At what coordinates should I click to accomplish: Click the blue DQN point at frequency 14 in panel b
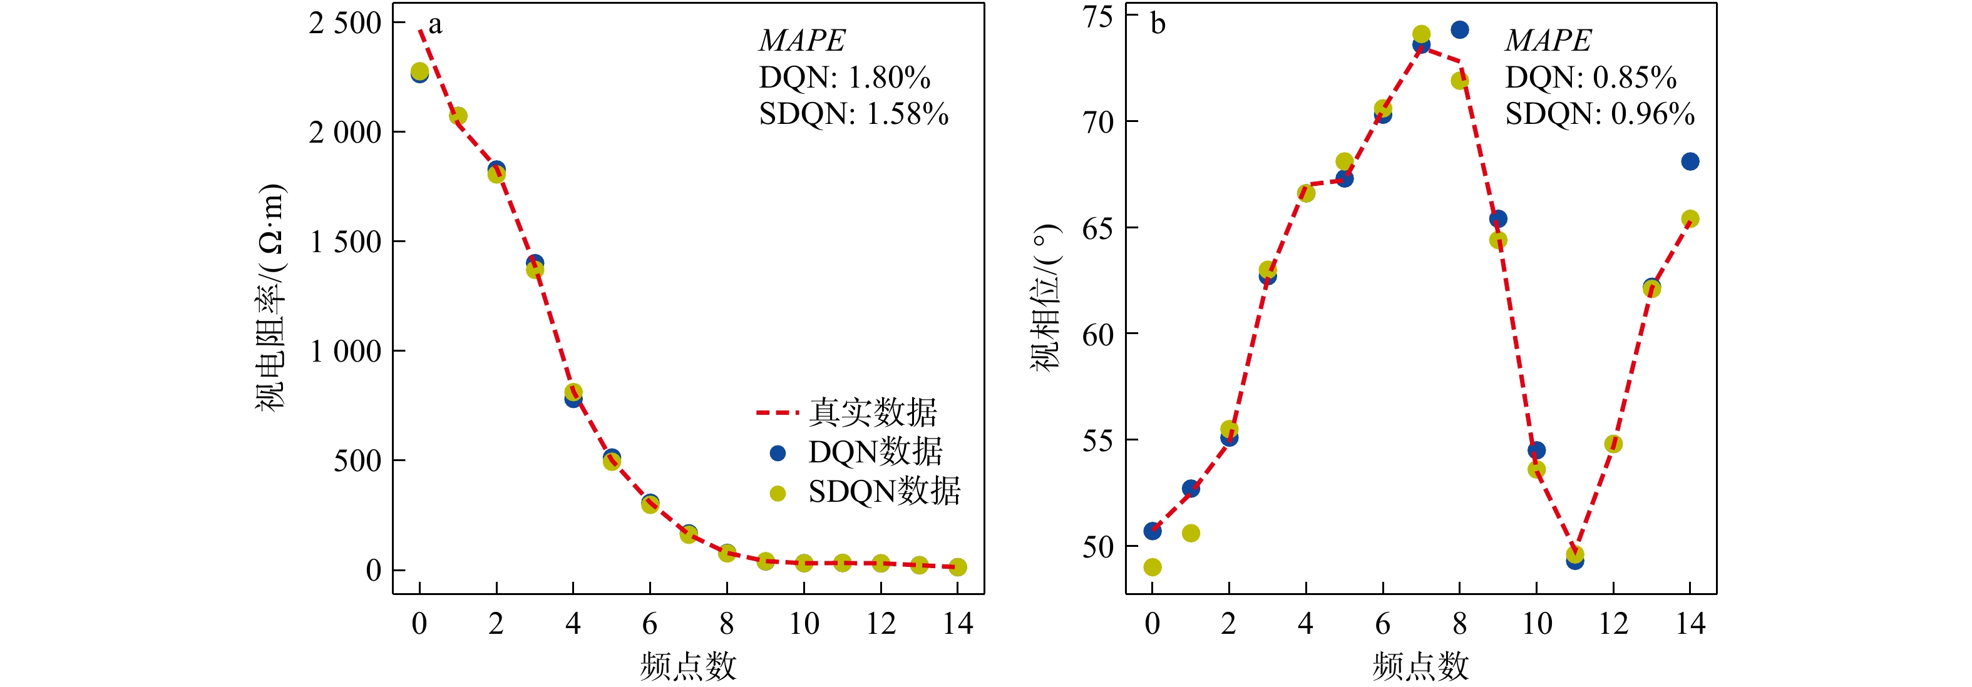pos(1690,161)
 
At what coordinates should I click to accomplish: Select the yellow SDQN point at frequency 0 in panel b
pos(1152,567)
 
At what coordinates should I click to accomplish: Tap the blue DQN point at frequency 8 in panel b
pos(1459,30)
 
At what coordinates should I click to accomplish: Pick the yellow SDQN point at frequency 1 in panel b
pos(1190,533)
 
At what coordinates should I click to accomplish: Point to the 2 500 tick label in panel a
pos(344,23)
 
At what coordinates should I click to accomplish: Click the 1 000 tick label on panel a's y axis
pos(344,351)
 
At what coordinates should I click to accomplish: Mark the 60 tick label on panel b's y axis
pos(1097,334)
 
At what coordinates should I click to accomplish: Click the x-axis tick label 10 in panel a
pos(804,624)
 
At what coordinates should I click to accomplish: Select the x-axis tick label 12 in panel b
pos(1613,624)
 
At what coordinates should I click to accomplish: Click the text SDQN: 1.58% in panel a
pos(853,114)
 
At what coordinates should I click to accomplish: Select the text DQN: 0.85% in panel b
pos(1591,77)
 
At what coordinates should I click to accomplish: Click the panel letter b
pos(1158,24)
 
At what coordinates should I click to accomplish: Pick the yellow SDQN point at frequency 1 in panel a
pos(458,116)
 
